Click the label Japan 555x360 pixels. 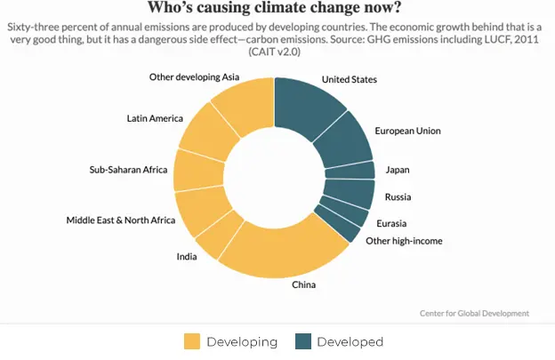pos(397,170)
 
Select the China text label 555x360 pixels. pos(304,285)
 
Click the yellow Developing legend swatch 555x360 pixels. pos(192,342)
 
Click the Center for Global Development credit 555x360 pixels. pos(474,313)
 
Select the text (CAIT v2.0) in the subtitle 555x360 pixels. pos(277,53)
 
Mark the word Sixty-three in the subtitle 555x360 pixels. pos(36,28)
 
